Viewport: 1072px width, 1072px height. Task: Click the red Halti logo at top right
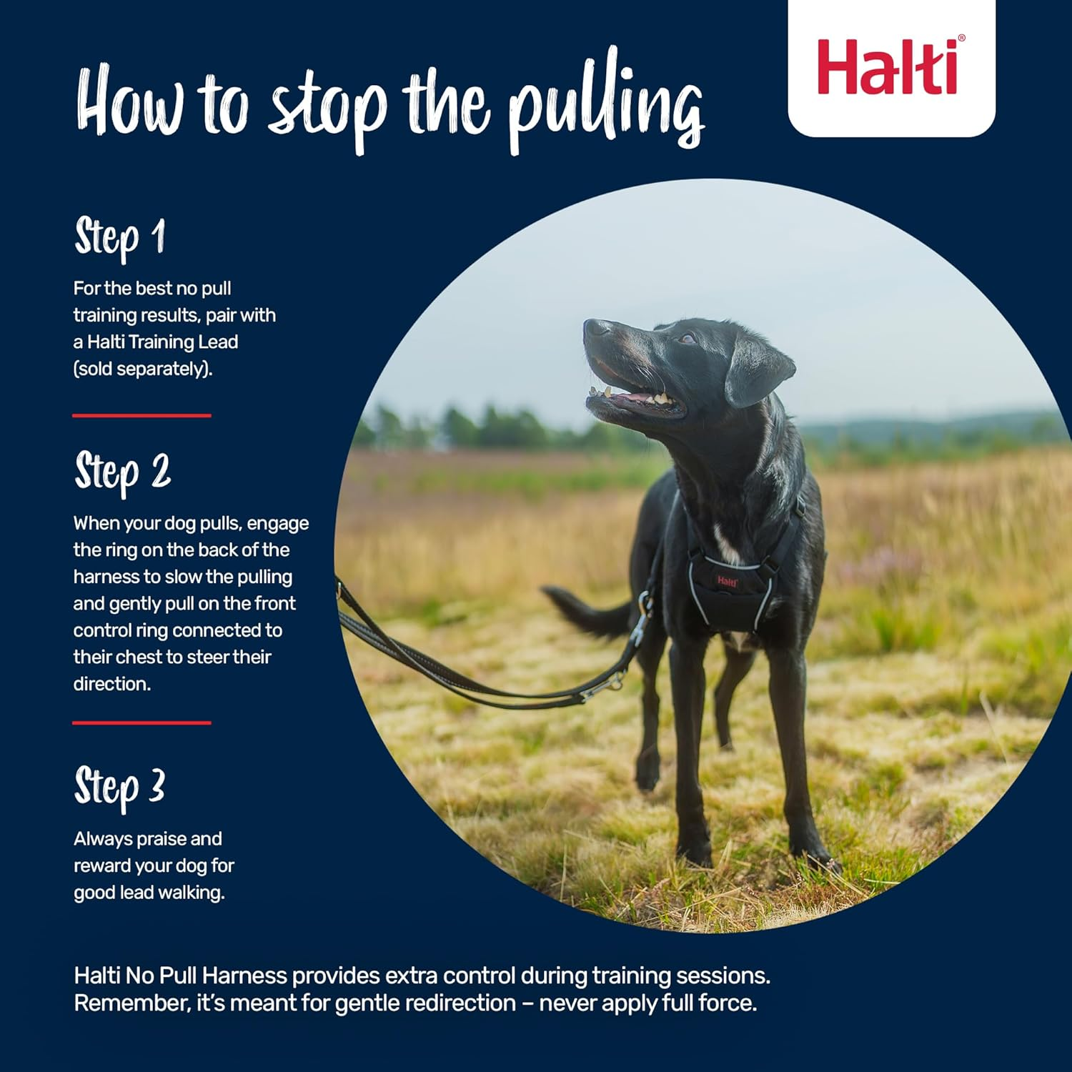pyautogui.click(x=890, y=67)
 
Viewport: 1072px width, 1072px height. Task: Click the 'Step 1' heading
pyautogui.click(x=120, y=237)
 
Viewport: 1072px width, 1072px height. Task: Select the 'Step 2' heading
pyautogui.click(x=123, y=472)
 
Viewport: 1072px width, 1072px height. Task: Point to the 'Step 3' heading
pyautogui.click(x=120, y=788)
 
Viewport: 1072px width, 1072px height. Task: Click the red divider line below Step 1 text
pyautogui.click(x=142, y=415)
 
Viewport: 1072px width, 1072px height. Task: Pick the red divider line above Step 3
pyautogui.click(x=142, y=723)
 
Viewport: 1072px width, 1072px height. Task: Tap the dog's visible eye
pyautogui.click(x=688, y=339)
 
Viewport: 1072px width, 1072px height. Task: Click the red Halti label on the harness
pyautogui.click(x=728, y=581)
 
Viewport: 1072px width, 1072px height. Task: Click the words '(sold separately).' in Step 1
pyautogui.click(x=143, y=369)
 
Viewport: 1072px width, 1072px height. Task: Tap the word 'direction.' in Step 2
pyautogui.click(x=112, y=684)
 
